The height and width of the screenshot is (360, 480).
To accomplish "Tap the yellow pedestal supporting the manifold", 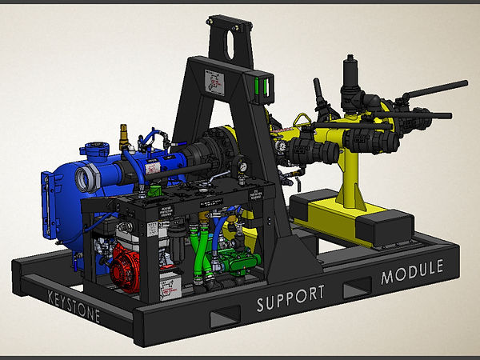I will [x=350, y=180].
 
